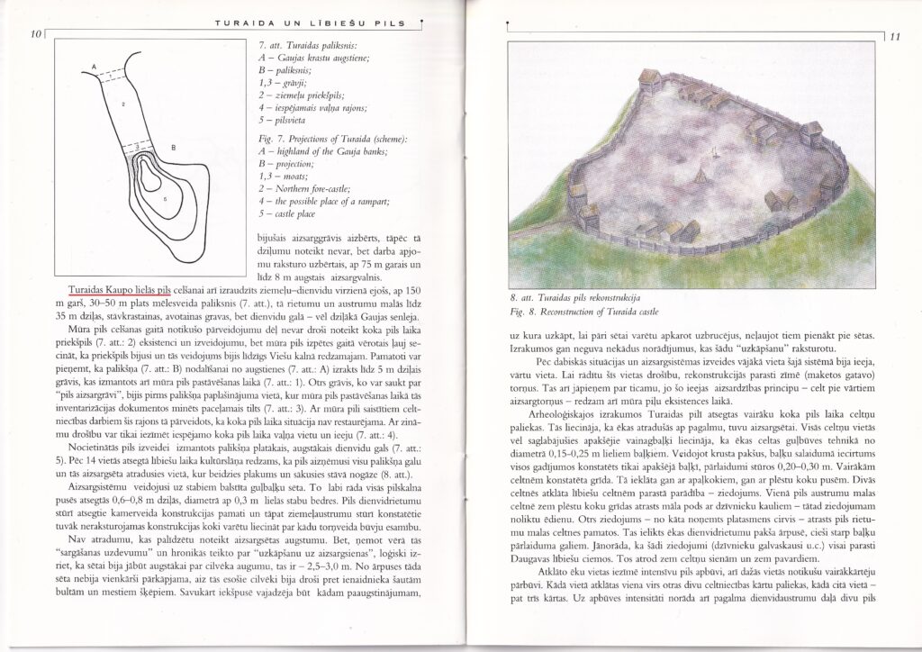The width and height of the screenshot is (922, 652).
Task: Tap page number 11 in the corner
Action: [x=894, y=38]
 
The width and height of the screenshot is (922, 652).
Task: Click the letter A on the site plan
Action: [x=95, y=67]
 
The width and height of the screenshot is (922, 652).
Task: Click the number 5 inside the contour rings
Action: [x=165, y=197]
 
